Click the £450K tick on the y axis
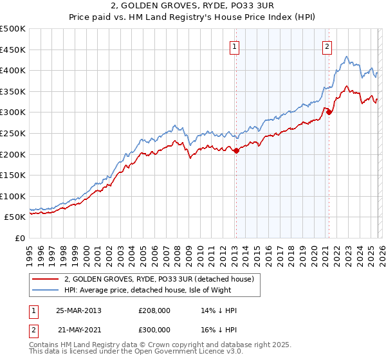click(x=13, y=50)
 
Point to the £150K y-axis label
click(x=13, y=175)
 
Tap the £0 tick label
click(x=19, y=238)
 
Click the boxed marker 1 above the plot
click(x=235, y=46)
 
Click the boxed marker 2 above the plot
click(x=327, y=46)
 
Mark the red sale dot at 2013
click(x=236, y=151)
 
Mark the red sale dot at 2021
click(x=329, y=113)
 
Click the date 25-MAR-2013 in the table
click(x=78, y=310)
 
